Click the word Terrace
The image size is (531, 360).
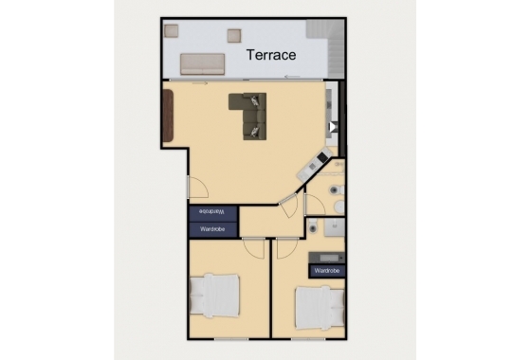(x=271, y=55)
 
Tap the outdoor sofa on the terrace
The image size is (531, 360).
(x=201, y=64)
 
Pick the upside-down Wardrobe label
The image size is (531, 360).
(x=212, y=212)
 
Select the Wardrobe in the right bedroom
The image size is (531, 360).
(x=326, y=270)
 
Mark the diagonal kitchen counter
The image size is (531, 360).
(x=312, y=167)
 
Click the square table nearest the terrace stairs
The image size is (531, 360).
(x=233, y=35)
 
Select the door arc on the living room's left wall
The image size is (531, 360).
(x=197, y=188)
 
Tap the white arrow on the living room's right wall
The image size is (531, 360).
(x=331, y=126)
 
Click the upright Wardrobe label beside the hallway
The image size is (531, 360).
(x=212, y=228)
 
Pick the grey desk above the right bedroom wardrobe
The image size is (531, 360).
(x=327, y=256)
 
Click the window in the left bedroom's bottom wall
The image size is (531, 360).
(x=232, y=336)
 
